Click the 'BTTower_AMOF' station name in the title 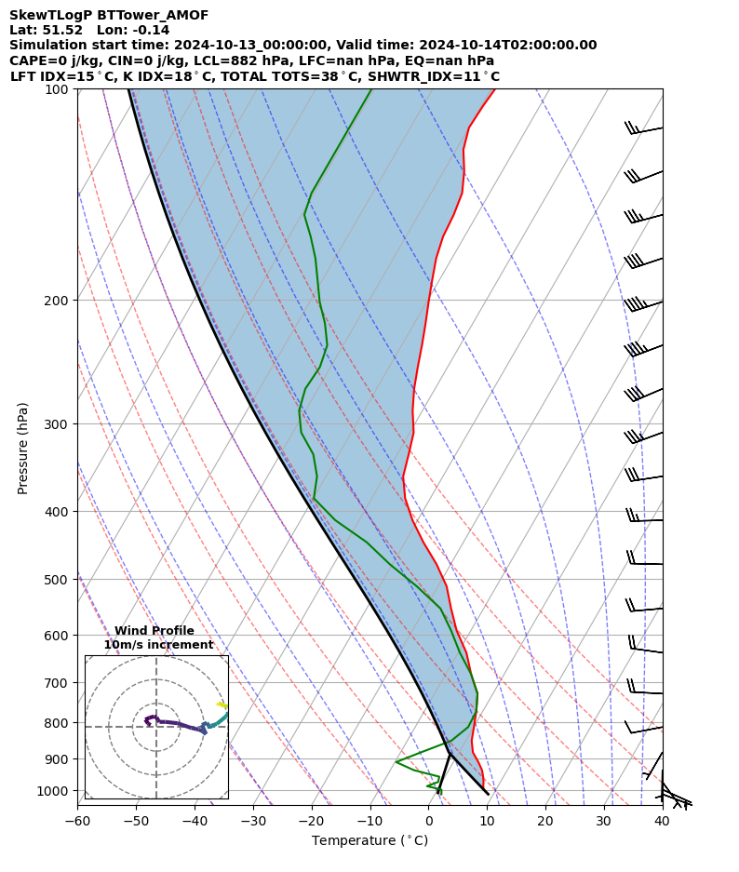153,15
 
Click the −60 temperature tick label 77,821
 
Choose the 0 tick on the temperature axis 429,821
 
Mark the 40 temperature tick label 662,821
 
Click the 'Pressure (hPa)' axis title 23,448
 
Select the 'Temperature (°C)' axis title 369,841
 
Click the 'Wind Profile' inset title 155,631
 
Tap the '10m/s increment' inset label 158,645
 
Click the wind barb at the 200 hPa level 642,304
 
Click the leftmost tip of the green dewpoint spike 396,762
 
